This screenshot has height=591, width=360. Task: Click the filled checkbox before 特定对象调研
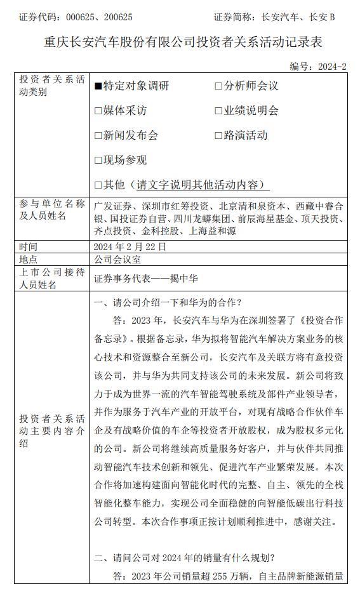tap(98, 86)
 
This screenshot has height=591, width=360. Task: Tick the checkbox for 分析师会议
tap(218, 86)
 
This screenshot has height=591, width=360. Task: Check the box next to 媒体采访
tap(98, 110)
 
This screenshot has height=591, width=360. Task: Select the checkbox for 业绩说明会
tap(218, 110)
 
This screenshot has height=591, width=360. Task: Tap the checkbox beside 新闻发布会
tap(98, 135)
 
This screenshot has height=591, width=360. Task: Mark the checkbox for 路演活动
tap(218, 135)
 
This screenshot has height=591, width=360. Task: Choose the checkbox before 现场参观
tap(98, 160)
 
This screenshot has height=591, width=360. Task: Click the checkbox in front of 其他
tap(98, 185)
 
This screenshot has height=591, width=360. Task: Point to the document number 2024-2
tap(332, 66)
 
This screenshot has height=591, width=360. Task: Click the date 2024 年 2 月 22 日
tap(130, 246)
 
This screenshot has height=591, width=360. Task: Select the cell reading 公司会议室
tap(117, 260)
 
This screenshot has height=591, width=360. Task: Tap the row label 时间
tap(29, 246)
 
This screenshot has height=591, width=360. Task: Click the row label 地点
tap(29, 260)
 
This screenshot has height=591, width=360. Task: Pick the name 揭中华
tap(180, 279)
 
